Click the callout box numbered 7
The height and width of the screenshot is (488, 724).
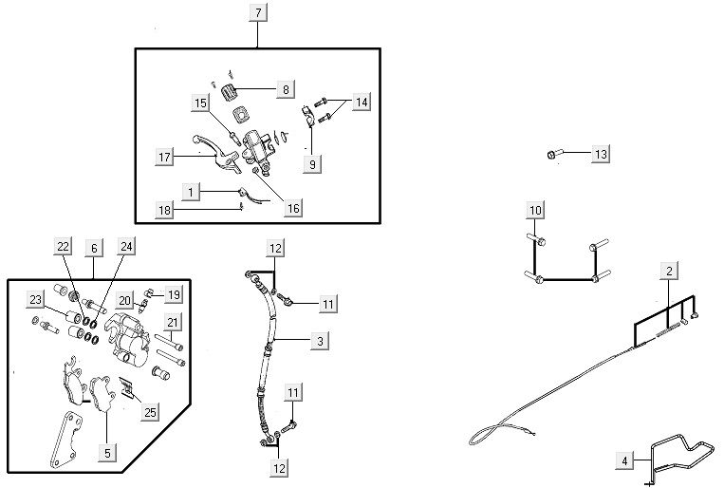260,12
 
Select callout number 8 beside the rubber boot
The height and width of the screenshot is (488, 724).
286,89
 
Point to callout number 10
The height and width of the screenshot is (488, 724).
535,209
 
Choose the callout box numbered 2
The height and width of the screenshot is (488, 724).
669,272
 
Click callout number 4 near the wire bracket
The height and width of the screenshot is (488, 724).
624,461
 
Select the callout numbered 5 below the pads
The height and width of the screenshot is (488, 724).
107,454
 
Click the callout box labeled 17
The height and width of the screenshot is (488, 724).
165,156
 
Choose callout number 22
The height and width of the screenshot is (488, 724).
64,247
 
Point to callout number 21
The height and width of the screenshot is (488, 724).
172,323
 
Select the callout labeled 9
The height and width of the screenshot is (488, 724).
310,163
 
